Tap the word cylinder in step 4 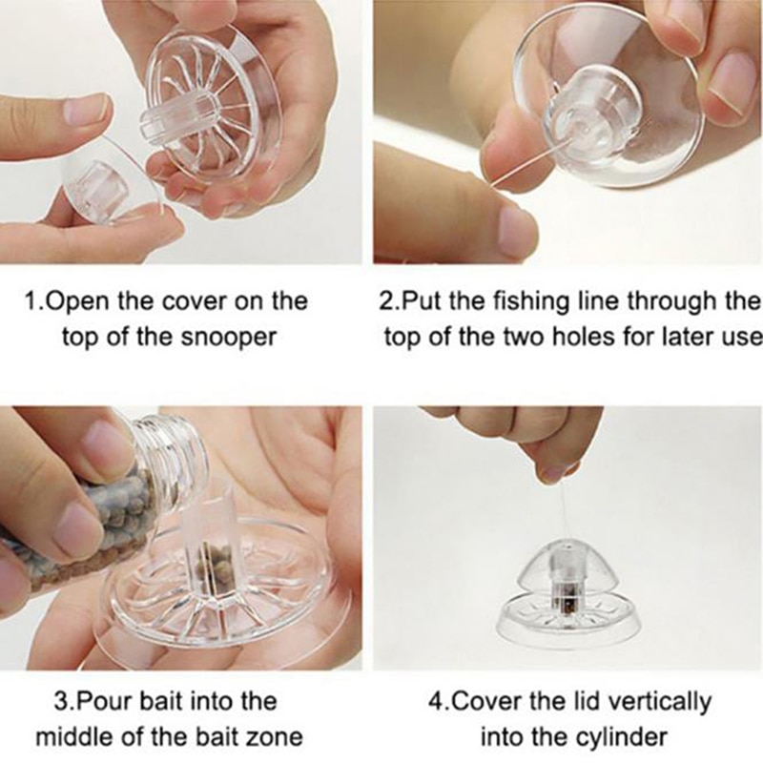pos(622,737)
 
